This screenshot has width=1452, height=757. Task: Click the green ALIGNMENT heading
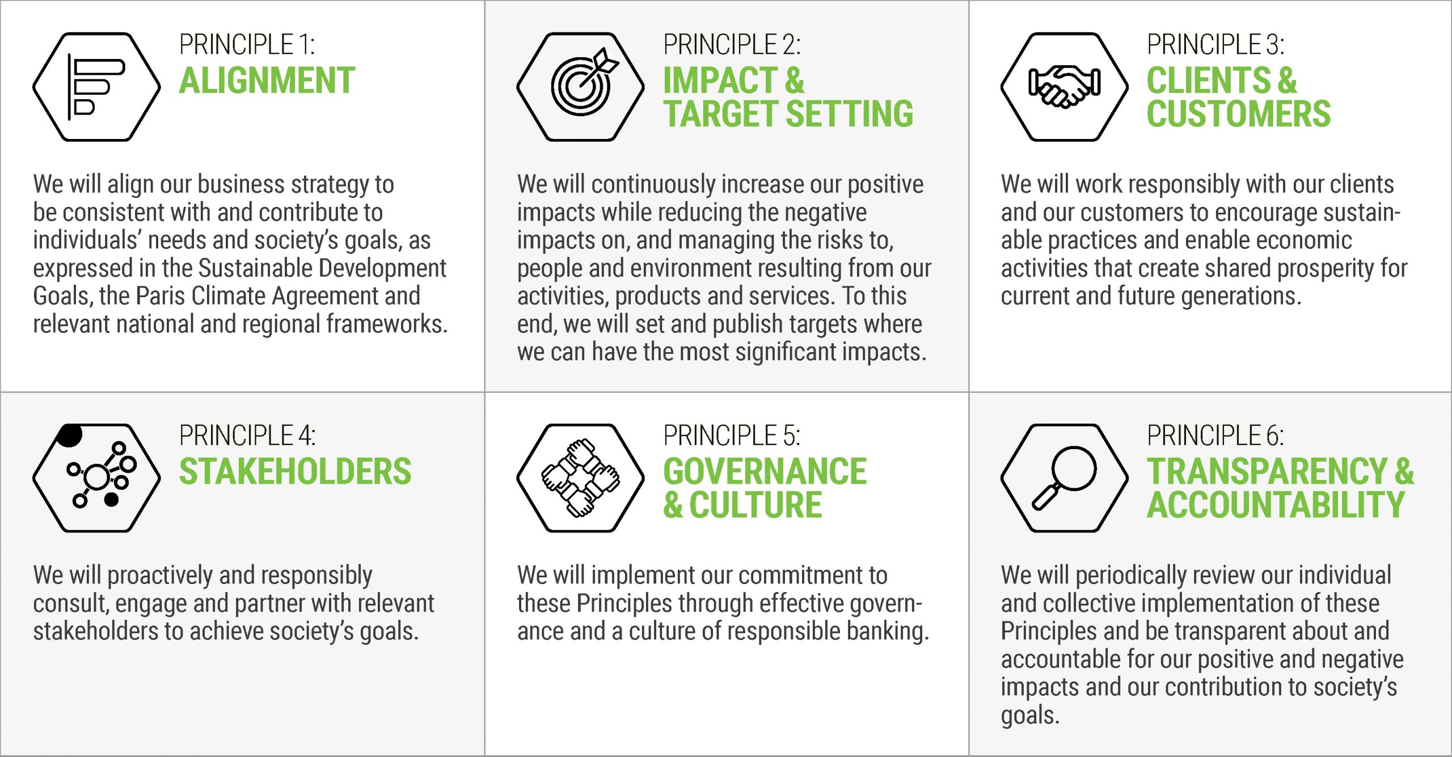pyautogui.click(x=267, y=81)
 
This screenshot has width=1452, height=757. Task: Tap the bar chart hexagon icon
pyautogui.click(x=96, y=87)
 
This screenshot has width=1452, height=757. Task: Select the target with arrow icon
pyautogui.click(x=581, y=87)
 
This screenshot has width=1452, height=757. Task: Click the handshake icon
pyautogui.click(x=1064, y=87)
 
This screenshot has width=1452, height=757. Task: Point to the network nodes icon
pyautogui.click(x=96, y=478)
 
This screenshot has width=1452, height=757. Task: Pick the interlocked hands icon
pyautogui.click(x=581, y=478)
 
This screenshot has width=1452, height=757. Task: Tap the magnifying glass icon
pyautogui.click(x=1064, y=478)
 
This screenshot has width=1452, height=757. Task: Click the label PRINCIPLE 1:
pyautogui.click(x=247, y=45)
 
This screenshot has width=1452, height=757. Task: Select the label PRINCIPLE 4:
pyautogui.click(x=247, y=436)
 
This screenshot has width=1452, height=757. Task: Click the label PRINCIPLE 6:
pyautogui.click(x=1215, y=436)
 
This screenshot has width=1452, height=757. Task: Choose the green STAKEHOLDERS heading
pyautogui.click(x=295, y=472)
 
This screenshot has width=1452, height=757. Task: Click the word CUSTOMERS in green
pyautogui.click(x=1238, y=114)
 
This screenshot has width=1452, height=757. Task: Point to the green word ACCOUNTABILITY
pyautogui.click(x=1276, y=505)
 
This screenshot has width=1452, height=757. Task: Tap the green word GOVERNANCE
pyautogui.click(x=765, y=472)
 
